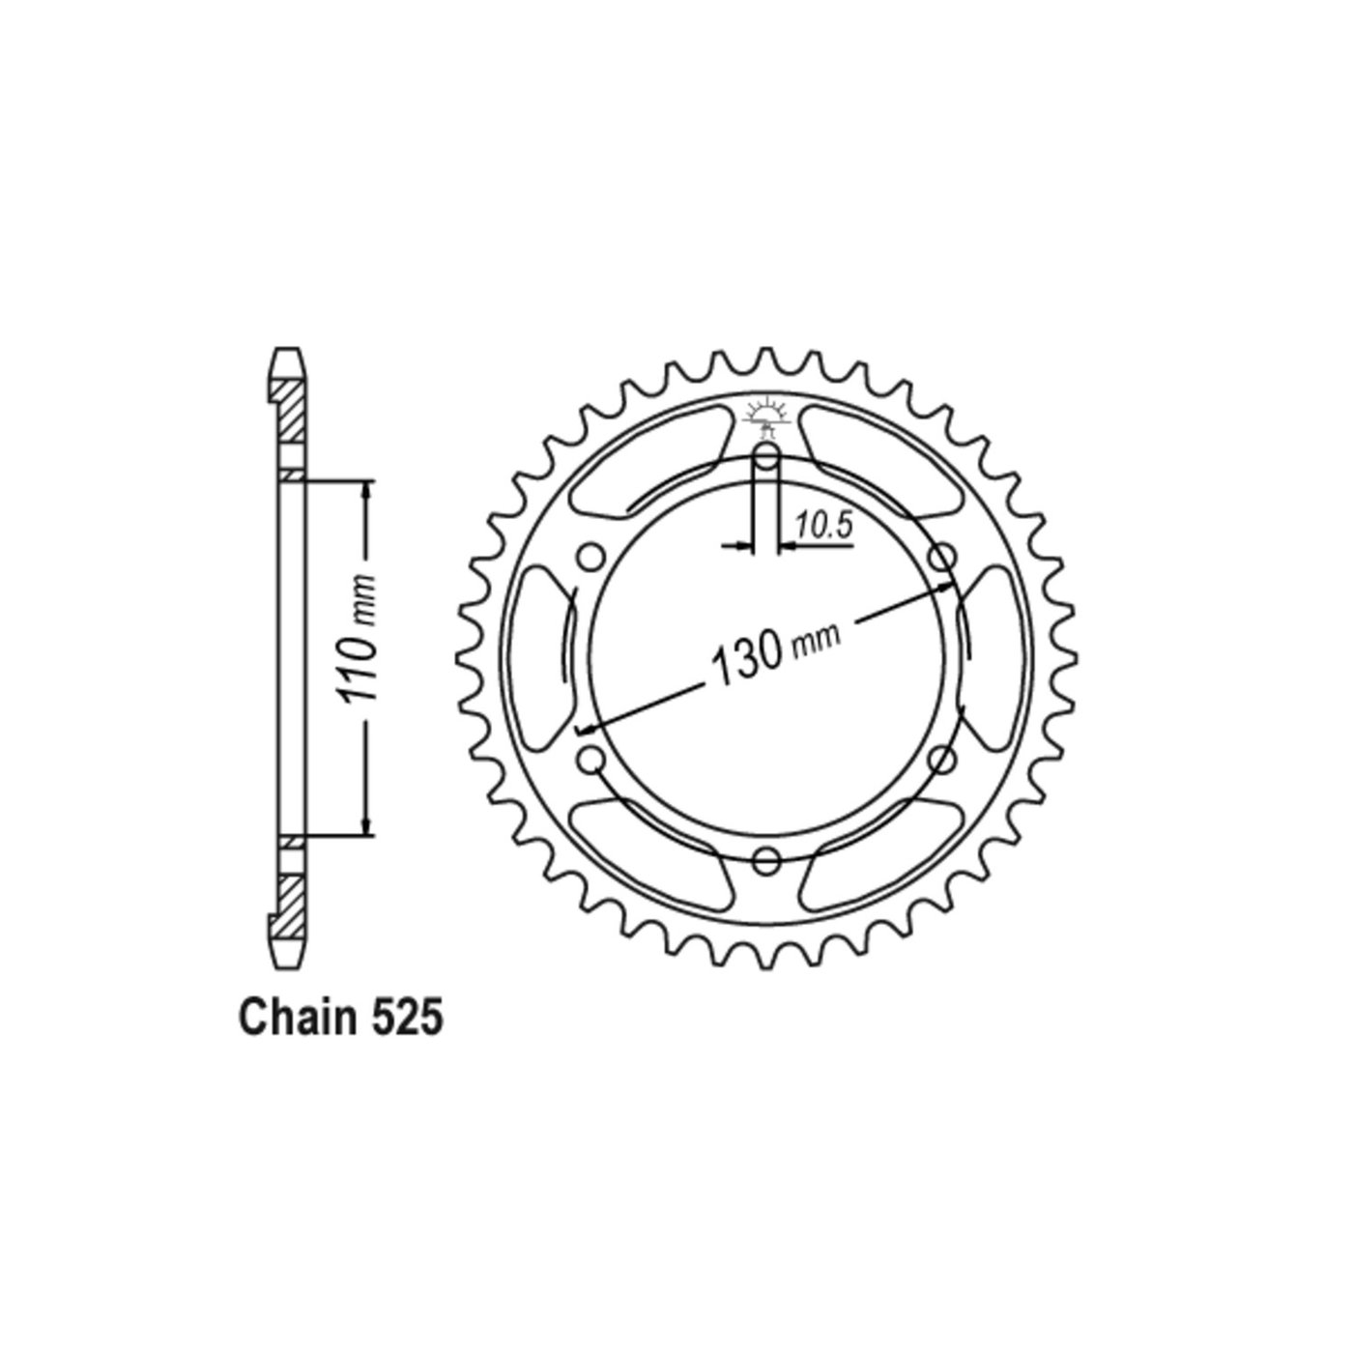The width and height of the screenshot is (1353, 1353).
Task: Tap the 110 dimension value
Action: [x=358, y=657]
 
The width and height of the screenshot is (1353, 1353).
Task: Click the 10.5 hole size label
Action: [x=822, y=525]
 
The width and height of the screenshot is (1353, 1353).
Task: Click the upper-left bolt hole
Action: [x=591, y=559]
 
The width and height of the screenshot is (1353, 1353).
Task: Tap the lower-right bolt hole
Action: [x=941, y=759]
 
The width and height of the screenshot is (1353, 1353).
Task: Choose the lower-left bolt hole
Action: [x=591, y=759]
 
